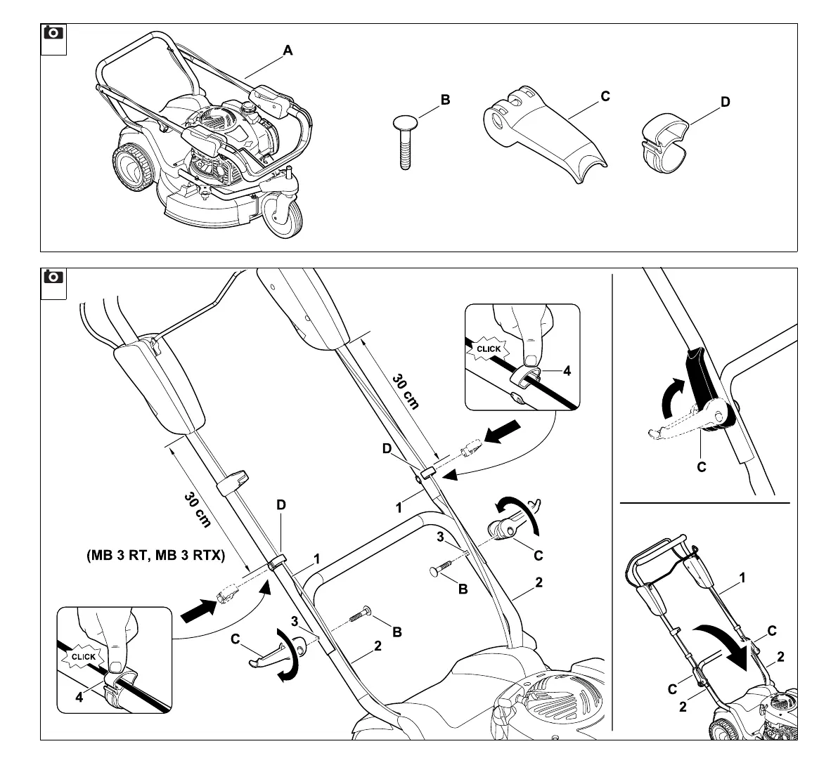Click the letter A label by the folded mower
pos(288,51)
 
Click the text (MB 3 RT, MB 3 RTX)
pos(155,555)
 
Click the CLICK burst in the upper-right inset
pos(489,348)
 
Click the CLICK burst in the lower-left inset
pos(84,657)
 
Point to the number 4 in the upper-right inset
pos(567,371)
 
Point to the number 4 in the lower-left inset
pos(79,697)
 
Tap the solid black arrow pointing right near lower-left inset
pos(199,609)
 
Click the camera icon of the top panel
pos(53,33)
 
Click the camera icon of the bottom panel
pos(53,277)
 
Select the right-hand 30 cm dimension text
pos(406,391)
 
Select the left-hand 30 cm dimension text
pos(198,509)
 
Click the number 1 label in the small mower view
pos(742,578)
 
